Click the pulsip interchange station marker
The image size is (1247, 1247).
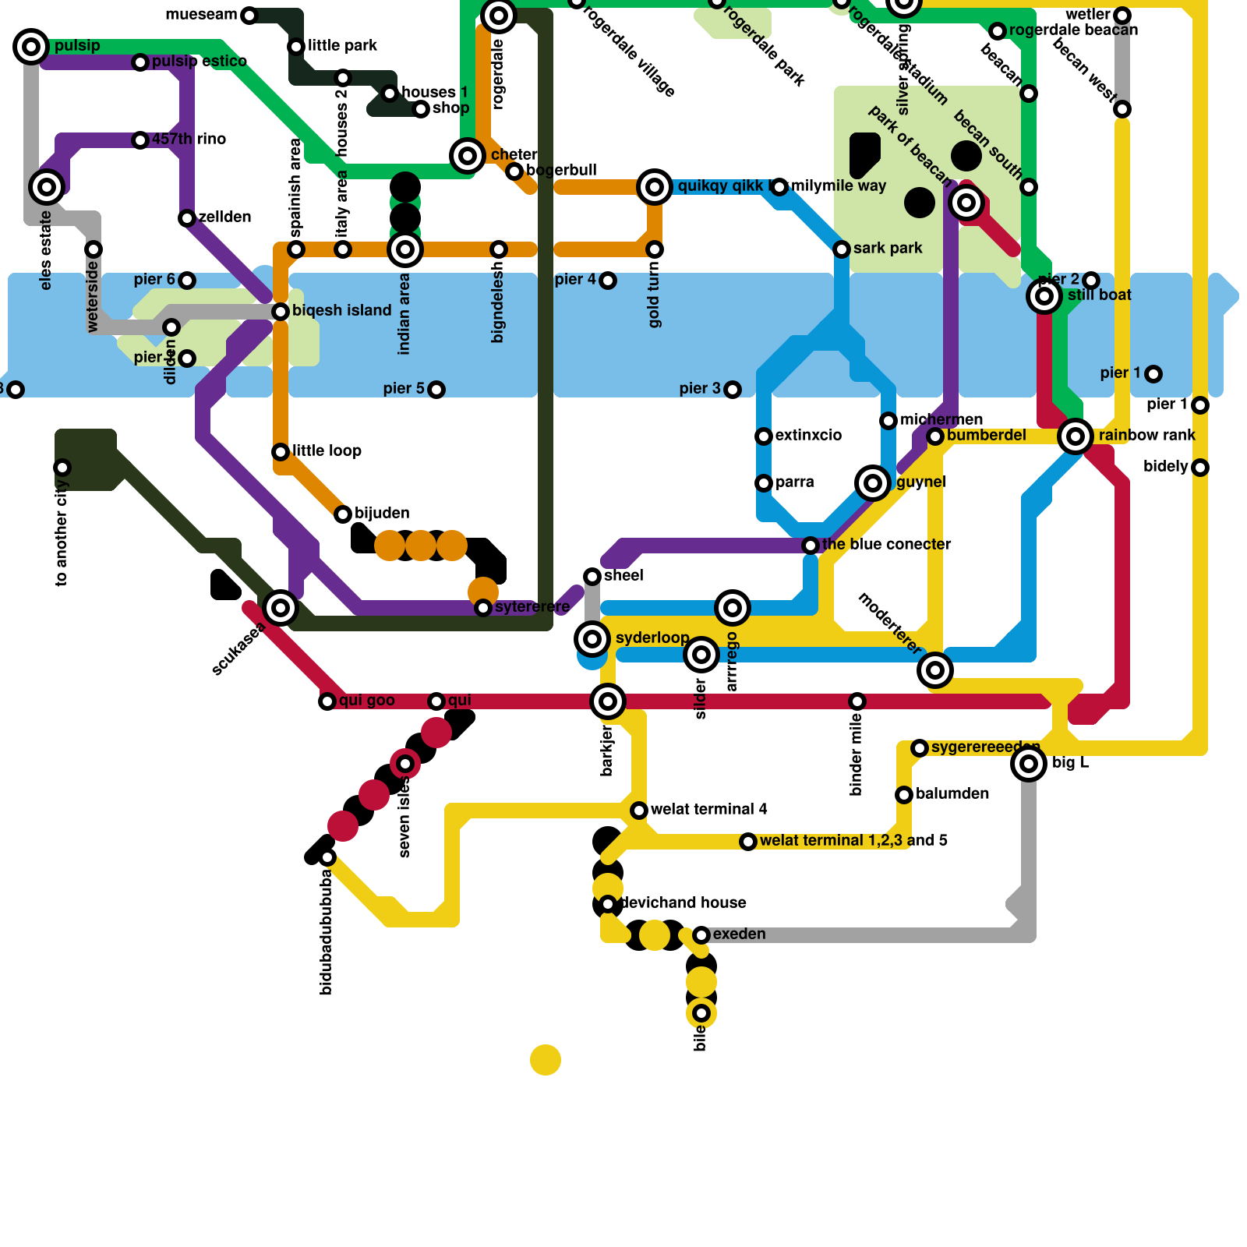(31, 47)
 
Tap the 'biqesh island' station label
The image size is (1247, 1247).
(341, 310)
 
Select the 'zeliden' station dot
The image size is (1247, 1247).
(187, 218)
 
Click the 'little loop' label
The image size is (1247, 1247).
(327, 450)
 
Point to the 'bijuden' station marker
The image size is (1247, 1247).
(343, 514)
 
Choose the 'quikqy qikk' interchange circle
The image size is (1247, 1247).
(655, 187)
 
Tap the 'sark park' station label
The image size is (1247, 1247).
(887, 248)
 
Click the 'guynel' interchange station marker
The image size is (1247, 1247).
(873, 483)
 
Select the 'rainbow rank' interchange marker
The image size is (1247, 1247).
(1076, 436)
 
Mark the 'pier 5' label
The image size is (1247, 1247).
(404, 388)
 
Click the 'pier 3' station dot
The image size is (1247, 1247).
(733, 390)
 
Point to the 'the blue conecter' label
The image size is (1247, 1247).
(886, 544)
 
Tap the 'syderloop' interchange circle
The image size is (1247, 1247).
(592, 639)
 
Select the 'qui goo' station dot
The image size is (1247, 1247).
(327, 701)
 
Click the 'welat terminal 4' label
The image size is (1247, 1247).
(708, 809)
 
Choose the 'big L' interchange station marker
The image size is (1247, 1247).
(1029, 764)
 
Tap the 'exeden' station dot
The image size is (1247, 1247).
(701, 935)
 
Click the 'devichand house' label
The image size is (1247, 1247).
(683, 903)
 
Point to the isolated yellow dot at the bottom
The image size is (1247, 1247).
(546, 1060)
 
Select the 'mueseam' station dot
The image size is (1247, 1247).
(249, 16)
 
